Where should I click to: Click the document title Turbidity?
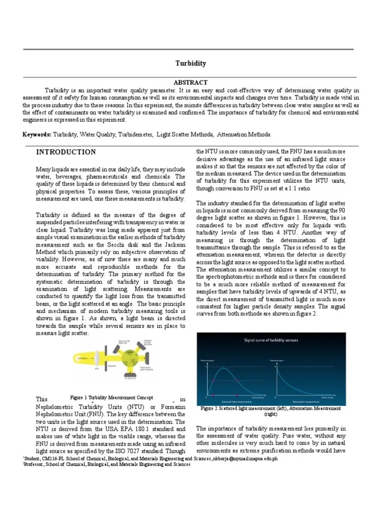pyautogui.click(x=190, y=63)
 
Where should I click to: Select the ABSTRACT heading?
pyautogui.click(x=190, y=82)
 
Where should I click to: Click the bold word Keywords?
pyautogui.click(x=37, y=134)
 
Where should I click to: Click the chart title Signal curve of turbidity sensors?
pyautogui.click(x=270, y=340)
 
